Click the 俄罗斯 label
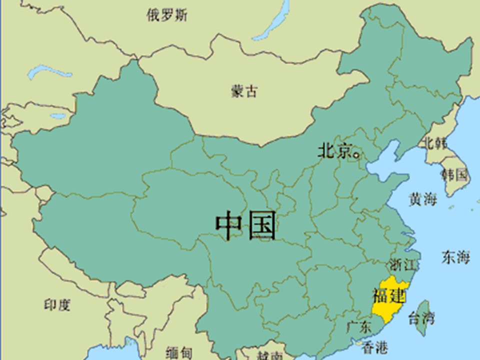coord(167,15)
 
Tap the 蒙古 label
coord(244,91)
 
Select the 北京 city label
coord(334,151)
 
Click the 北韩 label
coord(434,143)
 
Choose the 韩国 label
coord(454,174)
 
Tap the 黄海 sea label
coord(423,199)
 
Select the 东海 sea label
coord(455,257)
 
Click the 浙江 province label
coord(402,264)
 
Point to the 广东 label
coord(359,328)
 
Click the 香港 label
coord(374,347)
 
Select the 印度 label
coord(57,305)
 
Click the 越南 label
coord(270,355)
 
